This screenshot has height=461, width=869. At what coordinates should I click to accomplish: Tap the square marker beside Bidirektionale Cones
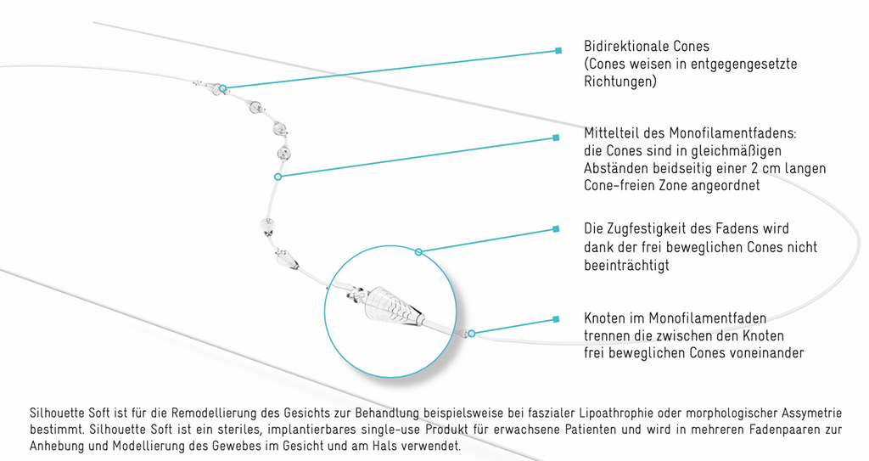pos(558,50)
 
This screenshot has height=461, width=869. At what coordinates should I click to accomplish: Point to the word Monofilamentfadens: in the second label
pos(732,133)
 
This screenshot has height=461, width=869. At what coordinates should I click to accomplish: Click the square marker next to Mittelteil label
pos(557,138)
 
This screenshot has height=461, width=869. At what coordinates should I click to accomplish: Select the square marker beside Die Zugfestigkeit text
pos(557,228)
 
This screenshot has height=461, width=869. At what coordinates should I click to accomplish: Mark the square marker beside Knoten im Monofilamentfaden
pos(557,319)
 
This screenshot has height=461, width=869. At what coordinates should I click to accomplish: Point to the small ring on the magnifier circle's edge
pos(419,252)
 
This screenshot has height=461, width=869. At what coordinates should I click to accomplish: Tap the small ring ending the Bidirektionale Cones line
pos(223,88)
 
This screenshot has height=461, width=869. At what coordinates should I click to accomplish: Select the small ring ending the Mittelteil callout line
pos(278,177)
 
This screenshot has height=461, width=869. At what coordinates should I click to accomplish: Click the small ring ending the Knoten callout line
pos(471,334)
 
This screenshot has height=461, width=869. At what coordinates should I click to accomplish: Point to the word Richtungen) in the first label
pos(620,82)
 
